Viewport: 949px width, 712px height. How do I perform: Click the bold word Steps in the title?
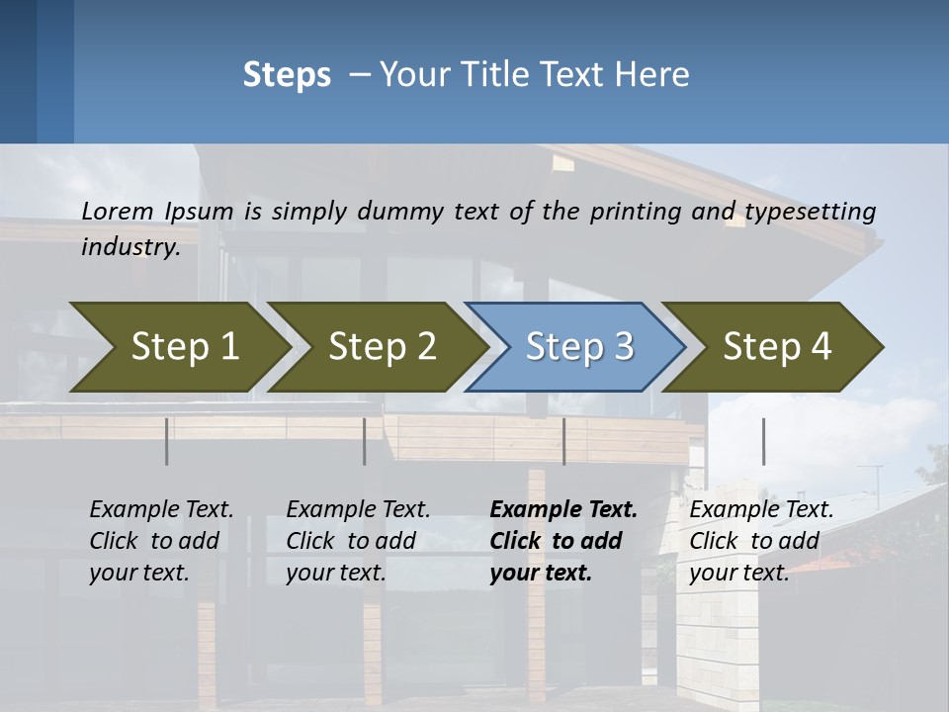click(287, 74)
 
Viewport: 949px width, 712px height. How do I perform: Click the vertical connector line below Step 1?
click(167, 441)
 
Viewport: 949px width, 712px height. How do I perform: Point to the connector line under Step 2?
click(365, 441)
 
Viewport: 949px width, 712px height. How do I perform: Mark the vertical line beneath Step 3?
click(563, 441)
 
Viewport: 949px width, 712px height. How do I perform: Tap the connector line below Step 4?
click(763, 441)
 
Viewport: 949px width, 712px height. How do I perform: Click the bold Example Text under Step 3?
click(563, 509)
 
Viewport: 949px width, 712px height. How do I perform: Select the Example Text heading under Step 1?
click(161, 509)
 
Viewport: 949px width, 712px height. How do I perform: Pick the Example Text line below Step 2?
click(358, 509)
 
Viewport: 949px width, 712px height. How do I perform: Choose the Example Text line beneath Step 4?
click(761, 509)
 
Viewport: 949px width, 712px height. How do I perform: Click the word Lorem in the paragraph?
click(118, 211)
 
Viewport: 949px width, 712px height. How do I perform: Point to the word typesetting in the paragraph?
click(810, 211)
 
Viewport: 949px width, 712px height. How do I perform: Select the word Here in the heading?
click(652, 74)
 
